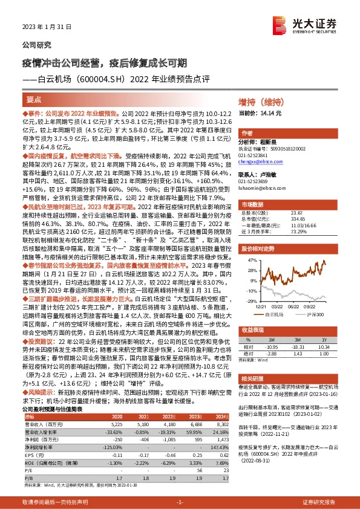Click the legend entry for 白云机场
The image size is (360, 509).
coord(276,314)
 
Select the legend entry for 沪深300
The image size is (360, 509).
coord(318,314)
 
